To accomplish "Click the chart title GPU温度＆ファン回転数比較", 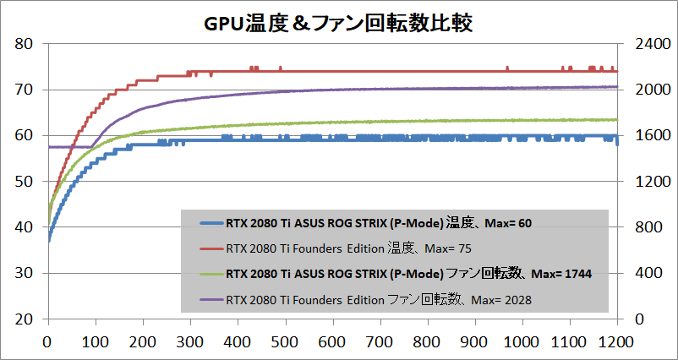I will click(338, 21).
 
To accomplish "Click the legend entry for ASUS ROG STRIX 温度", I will click(379, 224).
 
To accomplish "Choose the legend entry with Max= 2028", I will click(378, 299).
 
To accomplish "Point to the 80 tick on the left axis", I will click(25, 44).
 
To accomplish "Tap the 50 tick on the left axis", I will click(25, 182).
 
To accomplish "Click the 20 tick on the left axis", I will click(25, 319).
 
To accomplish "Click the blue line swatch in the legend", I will click(208, 224).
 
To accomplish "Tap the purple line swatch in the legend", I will click(208, 299).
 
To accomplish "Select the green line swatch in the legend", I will click(208, 274).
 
